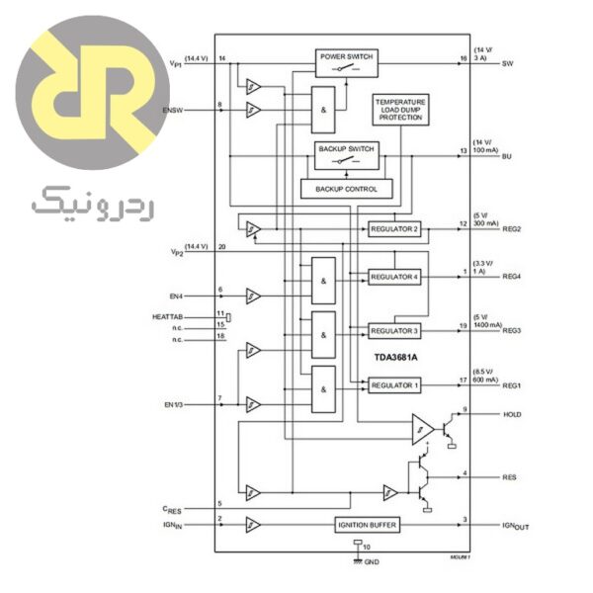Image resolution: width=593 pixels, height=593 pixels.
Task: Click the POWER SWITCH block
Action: pos(346,62)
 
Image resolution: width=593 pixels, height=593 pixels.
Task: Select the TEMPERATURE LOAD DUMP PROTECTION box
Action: pos(400,110)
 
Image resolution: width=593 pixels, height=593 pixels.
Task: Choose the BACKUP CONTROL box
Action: pos(346,188)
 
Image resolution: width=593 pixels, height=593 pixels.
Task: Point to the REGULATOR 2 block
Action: pos(393,228)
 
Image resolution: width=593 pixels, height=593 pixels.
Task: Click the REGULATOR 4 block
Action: pos(393,277)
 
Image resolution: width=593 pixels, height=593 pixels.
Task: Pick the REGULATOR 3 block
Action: pos(393,330)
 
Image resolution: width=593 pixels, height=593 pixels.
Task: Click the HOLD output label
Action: pos(512,414)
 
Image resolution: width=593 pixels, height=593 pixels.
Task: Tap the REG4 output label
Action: pos(512,278)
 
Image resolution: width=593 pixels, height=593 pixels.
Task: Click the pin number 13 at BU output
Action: pos(463,151)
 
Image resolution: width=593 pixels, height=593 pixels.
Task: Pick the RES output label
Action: pos(510,477)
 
